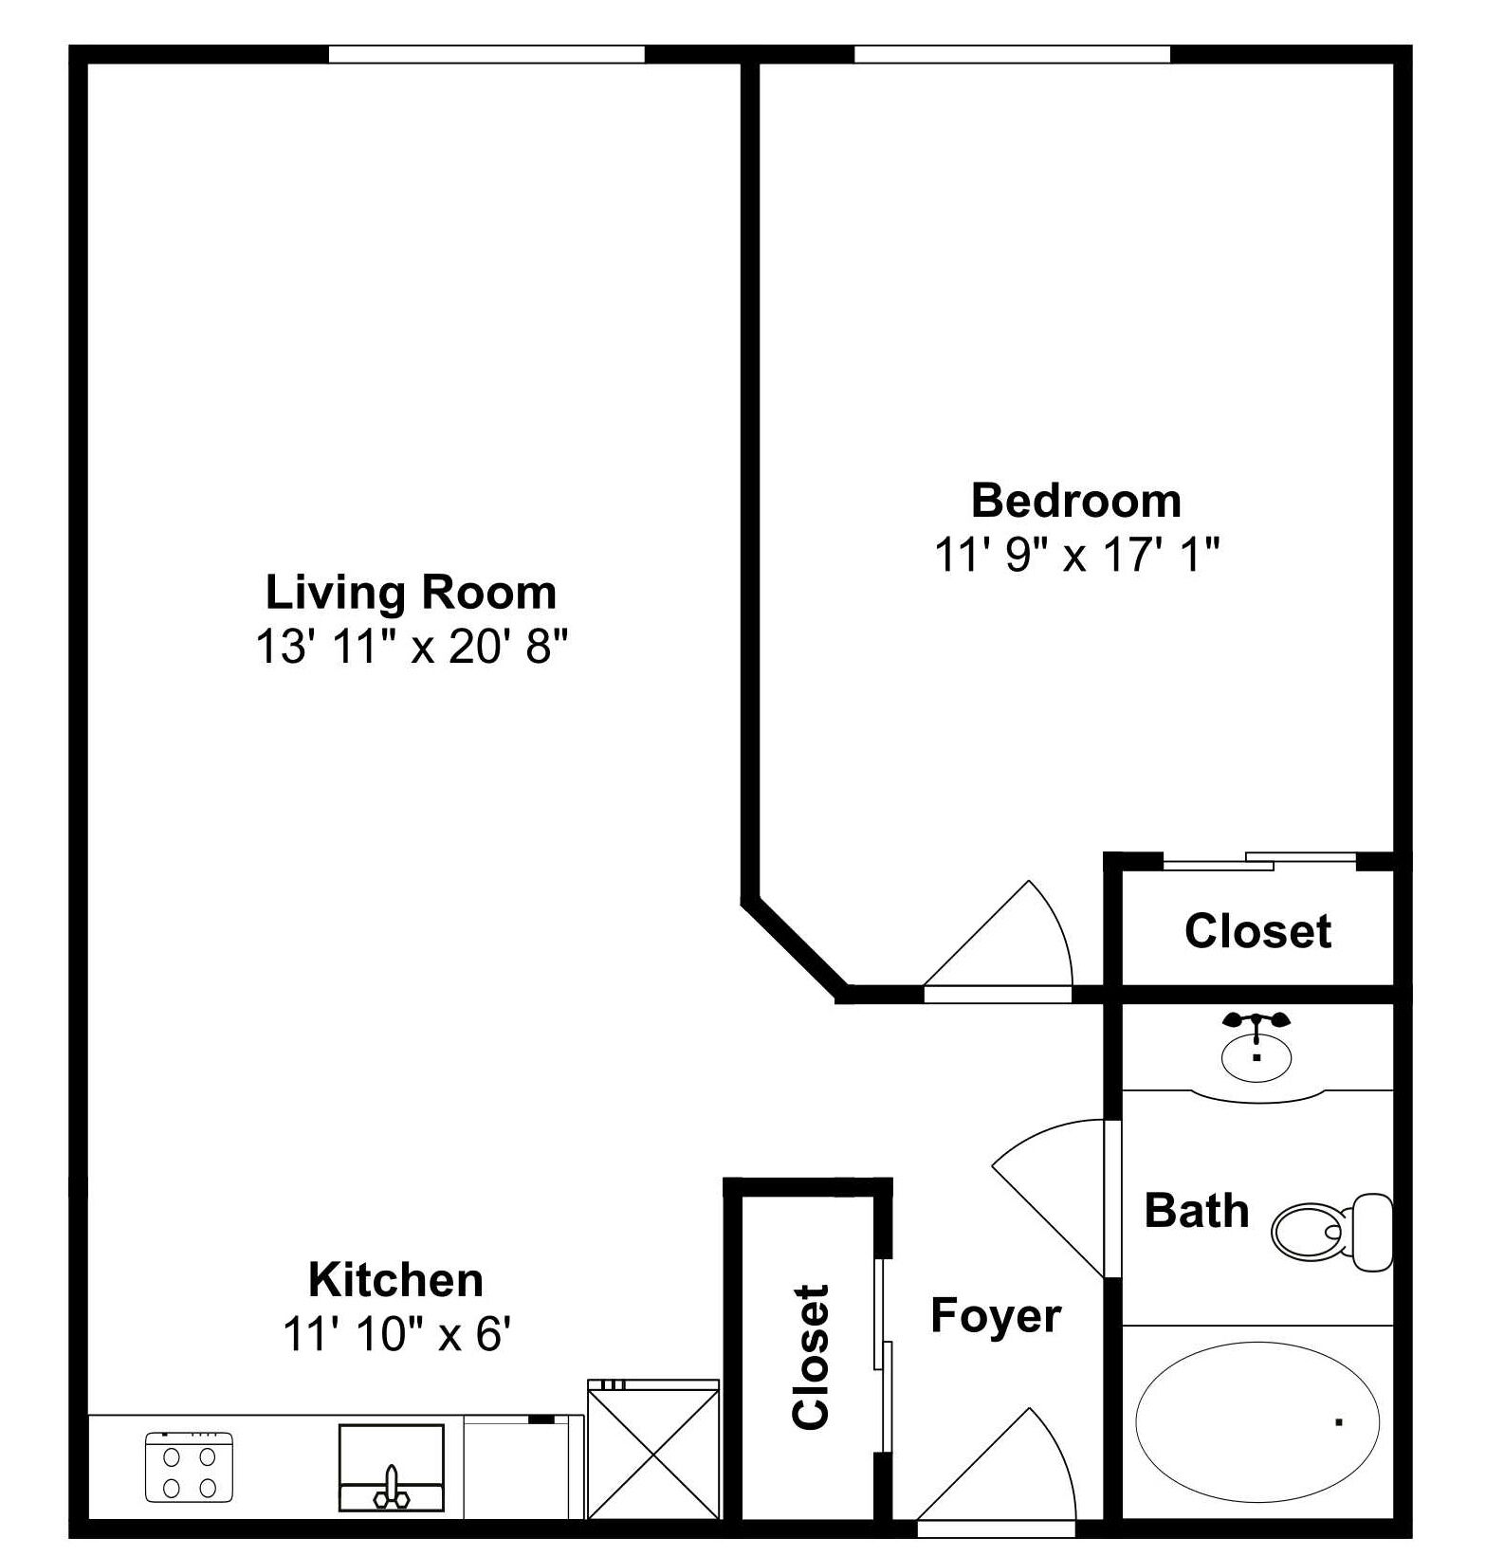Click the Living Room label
pyautogui.click(x=411, y=593)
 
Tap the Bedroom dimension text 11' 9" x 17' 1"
pyautogui.click(x=1076, y=555)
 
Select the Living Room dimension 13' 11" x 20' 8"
pyautogui.click(x=411, y=648)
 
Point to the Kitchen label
pyautogui.click(x=395, y=1280)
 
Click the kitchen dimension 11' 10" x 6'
pyautogui.click(x=396, y=1335)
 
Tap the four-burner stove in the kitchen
pyautogui.click(x=189, y=1467)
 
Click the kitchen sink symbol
pyautogui.click(x=391, y=1467)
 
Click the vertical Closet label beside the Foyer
pyautogui.click(x=812, y=1357)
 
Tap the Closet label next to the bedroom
pyautogui.click(x=1257, y=931)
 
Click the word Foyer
pyautogui.click(x=995, y=1316)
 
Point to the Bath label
pyautogui.click(x=1196, y=1211)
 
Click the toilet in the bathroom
pyautogui.click(x=1330, y=1232)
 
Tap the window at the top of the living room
pyautogui.click(x=486, y=55)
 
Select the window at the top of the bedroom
pyautogui.click(x=1012, y=55)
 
